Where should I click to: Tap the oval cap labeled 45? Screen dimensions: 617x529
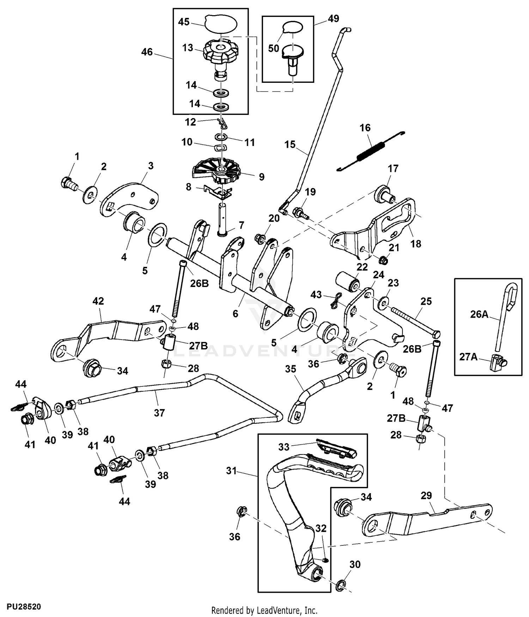(221, 24)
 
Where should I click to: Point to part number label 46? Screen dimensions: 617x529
(147, 52)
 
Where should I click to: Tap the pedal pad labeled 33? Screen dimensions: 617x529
(337, 447)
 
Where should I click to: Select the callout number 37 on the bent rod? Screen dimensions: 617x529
(159, 412)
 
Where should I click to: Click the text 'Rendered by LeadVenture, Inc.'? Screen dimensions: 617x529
(264, 610)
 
